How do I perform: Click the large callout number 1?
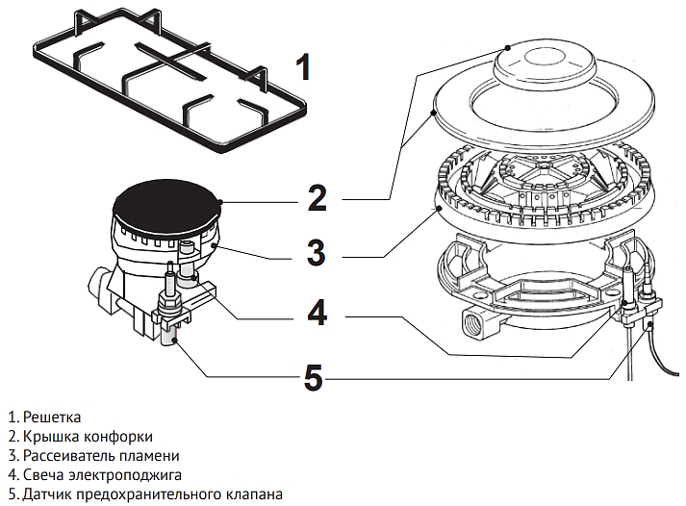click(302, 68)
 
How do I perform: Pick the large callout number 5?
click(313, 376)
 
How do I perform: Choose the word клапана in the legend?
click(245, 493)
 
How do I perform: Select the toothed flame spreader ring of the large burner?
click(540, 188)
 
